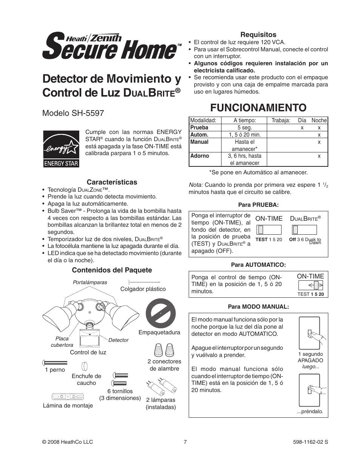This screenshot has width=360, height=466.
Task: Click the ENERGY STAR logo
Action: (x=61, y=149)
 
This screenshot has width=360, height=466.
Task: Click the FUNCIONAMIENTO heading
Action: (x=258, y=108)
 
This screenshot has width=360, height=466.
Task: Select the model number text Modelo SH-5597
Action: (x=73, y=113)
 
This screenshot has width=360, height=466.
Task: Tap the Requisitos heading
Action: (x=258, y=35)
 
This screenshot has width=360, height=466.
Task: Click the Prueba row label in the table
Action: (x=199, y=128)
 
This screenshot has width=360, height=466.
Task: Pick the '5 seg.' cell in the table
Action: (x=245, y=128)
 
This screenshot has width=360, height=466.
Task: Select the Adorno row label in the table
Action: (x=200, y=156)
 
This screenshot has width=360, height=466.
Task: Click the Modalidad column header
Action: (x=203, y=120)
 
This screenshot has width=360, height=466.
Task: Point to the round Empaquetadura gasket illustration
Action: (x=161, y=314)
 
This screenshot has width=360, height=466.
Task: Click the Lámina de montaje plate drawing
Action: (x=68, y=397)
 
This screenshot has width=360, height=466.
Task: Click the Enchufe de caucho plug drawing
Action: (x=85, y=366)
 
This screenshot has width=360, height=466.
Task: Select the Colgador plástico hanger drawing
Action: (x=145, y=281)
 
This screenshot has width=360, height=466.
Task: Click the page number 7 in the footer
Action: (x=185, y=442)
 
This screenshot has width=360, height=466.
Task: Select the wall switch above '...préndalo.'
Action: (x=310, y=389)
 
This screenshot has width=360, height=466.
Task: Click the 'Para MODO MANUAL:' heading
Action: (x=258, y=307)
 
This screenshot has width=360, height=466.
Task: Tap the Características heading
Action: (x=112, y=182)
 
